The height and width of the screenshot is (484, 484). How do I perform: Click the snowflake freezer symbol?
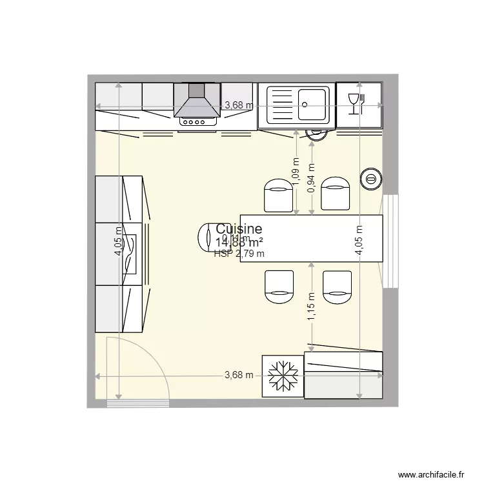(282, 376)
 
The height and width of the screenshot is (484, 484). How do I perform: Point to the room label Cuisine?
(239, 229)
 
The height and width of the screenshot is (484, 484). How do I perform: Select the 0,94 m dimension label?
(312, 181)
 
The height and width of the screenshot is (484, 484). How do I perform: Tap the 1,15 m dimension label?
(312, 307)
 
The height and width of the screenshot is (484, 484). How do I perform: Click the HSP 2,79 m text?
(239, 254)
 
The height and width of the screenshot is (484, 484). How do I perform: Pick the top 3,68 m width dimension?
(238, 106)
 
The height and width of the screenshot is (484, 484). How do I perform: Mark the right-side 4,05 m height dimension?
(359, 239)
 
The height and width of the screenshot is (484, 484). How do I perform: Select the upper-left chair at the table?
(279, 195)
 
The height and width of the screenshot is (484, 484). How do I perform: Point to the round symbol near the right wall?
(370, 178)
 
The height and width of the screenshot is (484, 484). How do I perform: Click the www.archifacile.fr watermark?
(431, 474)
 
